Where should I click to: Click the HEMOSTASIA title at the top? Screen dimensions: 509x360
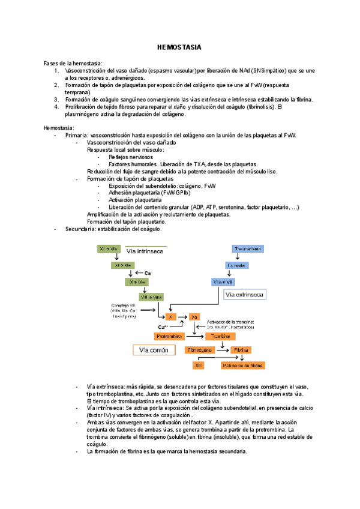click(179, 47)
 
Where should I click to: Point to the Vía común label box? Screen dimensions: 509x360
click(154, 349)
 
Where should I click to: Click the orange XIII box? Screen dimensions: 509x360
click(199, 365)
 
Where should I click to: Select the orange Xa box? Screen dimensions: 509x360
click(194, 316)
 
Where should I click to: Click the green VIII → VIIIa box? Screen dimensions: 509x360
click(151, 297)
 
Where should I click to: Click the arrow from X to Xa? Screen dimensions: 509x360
click(182, 316)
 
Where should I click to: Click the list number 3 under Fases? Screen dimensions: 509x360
click(55, 100)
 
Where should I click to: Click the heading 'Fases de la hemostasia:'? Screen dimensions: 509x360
click(73, 63)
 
